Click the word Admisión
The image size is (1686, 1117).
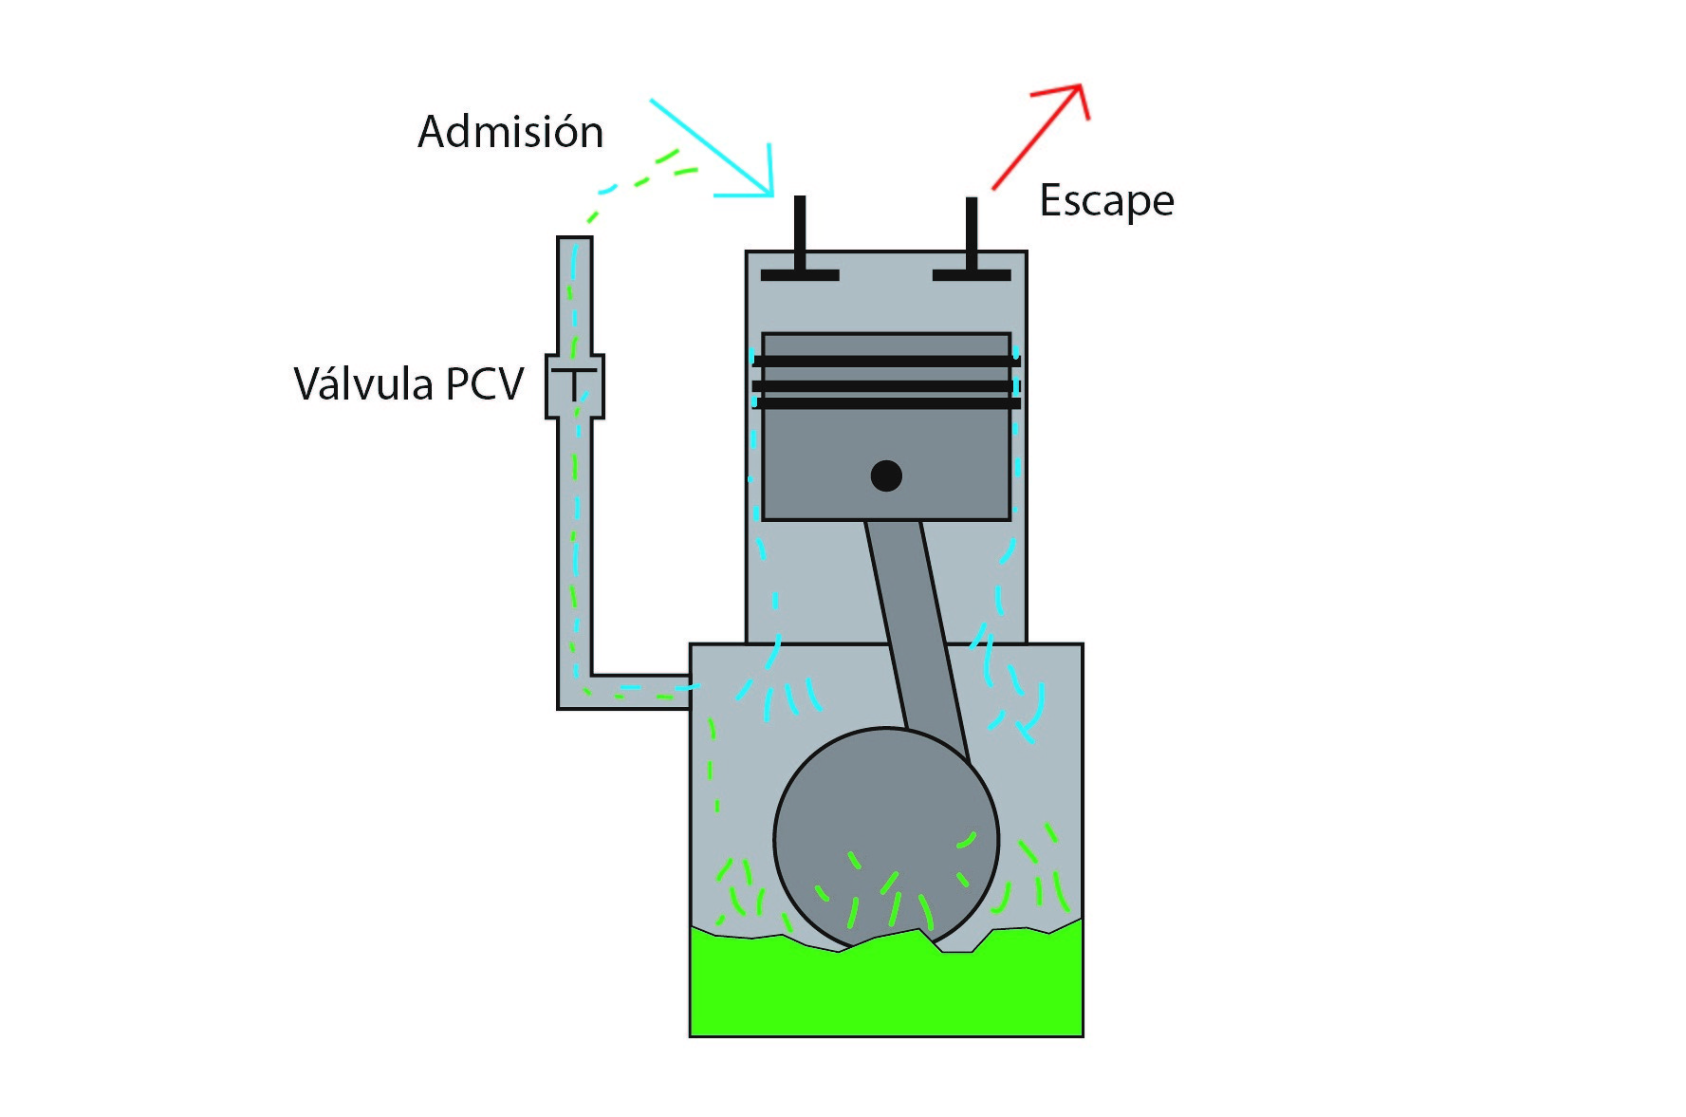(510, 132)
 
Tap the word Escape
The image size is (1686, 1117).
(1106, 201)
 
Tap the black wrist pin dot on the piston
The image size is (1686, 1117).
(886, 475)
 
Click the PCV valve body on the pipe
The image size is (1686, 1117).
(574, 386)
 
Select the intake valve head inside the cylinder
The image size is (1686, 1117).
(800, 275)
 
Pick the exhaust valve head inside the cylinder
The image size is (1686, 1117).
(972, 275)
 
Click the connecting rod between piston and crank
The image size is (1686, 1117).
(913, 626)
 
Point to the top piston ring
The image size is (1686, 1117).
(886, 362)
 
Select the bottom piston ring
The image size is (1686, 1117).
(886, 404)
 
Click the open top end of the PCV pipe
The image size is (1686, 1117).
(574, 241)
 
